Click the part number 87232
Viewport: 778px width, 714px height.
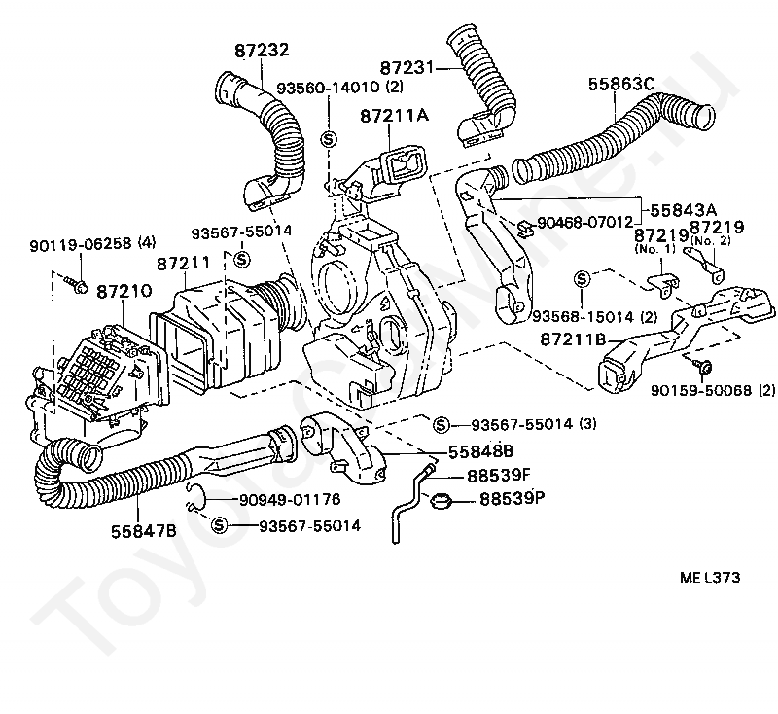pyautogui.click(x=262, y=50)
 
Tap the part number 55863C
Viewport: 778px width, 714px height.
pyautogui.click(x=621, y=85)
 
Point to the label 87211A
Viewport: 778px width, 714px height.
pyautogui.click(x=394, y=116)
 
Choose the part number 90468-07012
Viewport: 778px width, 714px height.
pyautogui.click(x=586, y=222)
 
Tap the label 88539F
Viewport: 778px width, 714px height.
pyautogui.click(x=499, y=476)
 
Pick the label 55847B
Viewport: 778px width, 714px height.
pyautogui.click(x=144, y=530)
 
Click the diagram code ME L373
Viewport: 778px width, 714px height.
pyautogui.click(x=710, y=577)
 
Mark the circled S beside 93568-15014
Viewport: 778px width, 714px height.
pyautogui.click(x=581, y=280)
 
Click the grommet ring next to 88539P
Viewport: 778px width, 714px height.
pyautogui.click(x=442, y=502)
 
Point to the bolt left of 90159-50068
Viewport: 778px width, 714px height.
pyautogui.click(x=704, y=366)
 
